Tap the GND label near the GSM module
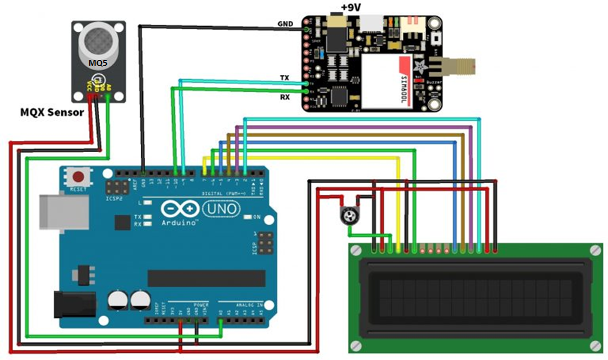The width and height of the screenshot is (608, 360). point(287,25)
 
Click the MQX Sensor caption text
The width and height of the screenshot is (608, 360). point(52,112)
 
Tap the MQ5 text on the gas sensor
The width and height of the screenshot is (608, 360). point(98,62)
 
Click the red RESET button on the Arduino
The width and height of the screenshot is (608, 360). point(77,176)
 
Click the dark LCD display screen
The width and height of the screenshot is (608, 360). point(475,297)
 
